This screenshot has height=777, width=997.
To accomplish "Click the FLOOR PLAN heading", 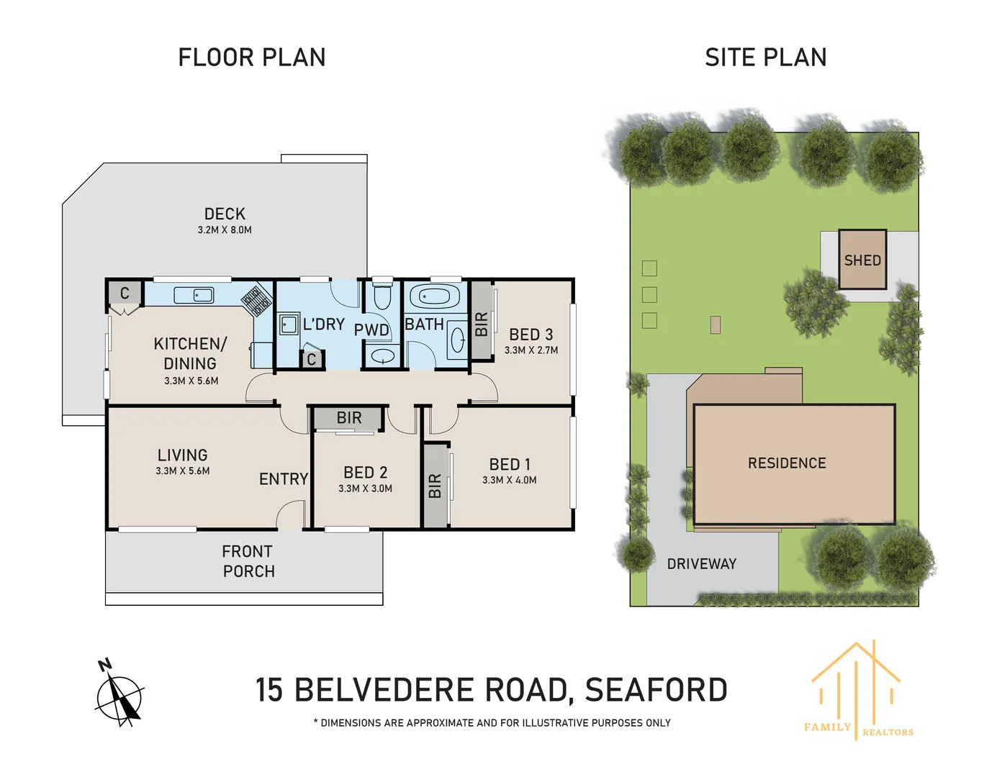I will [251, 58].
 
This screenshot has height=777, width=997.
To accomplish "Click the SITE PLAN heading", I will [765, 58].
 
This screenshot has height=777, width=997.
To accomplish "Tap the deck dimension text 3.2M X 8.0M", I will [225, 230].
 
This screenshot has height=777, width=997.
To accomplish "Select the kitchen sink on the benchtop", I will [194, 295].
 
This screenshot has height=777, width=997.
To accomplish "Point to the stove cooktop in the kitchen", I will [256, 301].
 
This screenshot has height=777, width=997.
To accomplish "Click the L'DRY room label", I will [323, 324].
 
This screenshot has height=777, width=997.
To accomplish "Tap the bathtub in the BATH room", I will [434, 296].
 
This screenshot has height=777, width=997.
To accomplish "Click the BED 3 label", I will [531, 335].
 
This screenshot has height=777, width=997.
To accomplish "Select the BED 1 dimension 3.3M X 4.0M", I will [509, 481].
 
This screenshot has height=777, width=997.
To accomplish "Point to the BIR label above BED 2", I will [349, 418].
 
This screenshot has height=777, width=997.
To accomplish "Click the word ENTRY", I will [284, 479].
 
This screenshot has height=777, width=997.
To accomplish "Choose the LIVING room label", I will [182, 455].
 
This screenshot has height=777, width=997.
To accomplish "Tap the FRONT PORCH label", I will [248, 561].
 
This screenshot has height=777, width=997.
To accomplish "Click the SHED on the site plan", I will [862, 260].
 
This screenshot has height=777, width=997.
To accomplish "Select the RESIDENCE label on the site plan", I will [787, 463].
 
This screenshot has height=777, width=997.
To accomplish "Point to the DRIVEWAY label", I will [701, 564].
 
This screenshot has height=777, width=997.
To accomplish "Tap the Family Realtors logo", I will [857, 691].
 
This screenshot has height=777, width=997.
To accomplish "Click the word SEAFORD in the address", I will [656, 690].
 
